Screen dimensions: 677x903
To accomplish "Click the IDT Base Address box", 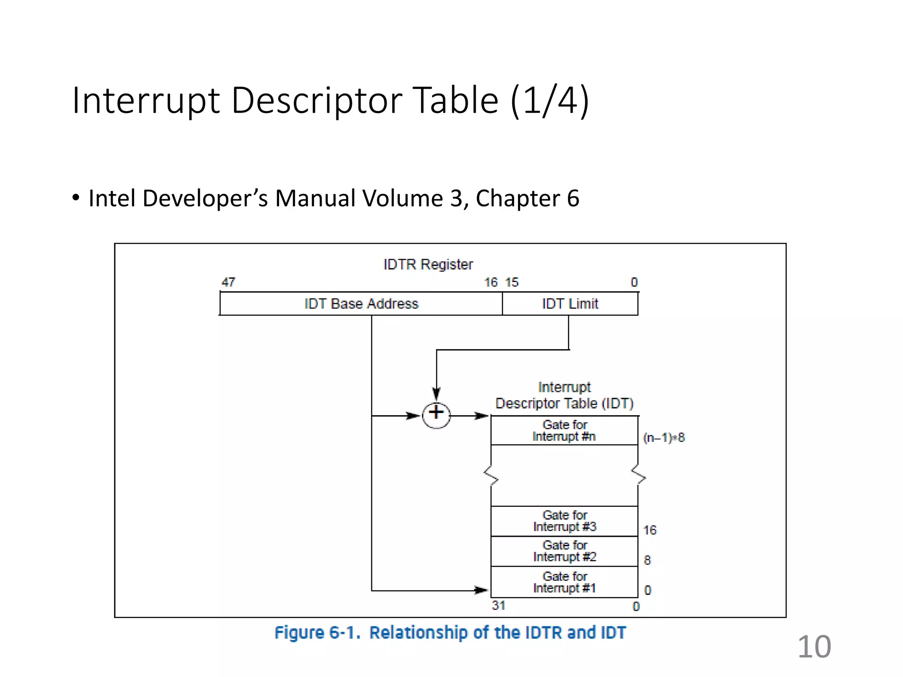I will [x=361, y=304].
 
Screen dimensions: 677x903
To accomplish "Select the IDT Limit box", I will [x=570, y=304].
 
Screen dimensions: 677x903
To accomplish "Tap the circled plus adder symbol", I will [x=436, y=415].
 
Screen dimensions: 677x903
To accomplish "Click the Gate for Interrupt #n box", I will [x=564, y=431].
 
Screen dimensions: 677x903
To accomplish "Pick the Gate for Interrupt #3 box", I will [x=564, y=521].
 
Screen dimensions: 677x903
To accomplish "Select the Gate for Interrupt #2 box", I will [x=564, y=551].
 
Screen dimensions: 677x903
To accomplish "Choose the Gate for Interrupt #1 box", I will [x=564, y=582].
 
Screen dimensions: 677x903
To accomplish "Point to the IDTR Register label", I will [x=428, y=264].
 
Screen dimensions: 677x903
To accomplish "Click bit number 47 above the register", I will [x=228, y=282].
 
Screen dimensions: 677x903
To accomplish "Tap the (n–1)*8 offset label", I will [x=664, y=438].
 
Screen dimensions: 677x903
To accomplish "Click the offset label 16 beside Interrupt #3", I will [x=649, y=530].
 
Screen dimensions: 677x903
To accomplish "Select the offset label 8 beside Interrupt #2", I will [x=647, y=560].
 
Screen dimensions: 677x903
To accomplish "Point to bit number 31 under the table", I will [x=498, y=606].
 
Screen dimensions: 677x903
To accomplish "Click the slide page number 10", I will [x=814, y=647].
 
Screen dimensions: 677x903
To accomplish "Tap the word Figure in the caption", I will [x=299, y=633].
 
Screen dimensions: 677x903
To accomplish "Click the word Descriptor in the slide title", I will [x=316, y=100].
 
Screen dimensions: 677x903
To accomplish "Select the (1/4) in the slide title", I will [x=549, y=100].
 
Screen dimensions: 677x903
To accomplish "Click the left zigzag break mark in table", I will [x=491, y=476].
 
